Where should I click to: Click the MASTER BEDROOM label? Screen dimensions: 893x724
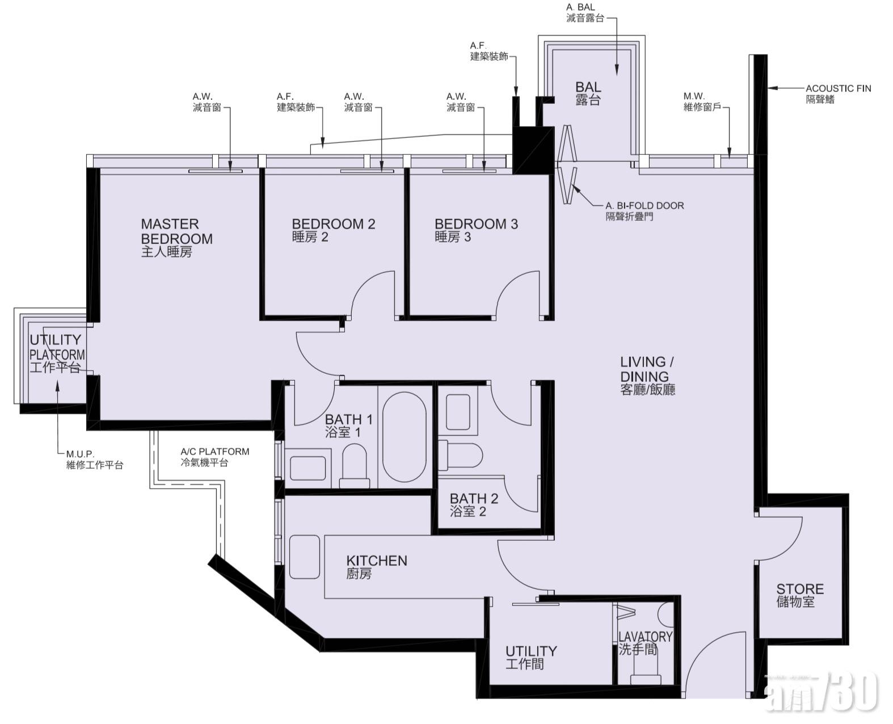(x=176, y=237)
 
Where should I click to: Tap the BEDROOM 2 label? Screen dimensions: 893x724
(x=333, y=230)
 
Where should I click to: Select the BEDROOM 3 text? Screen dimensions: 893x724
(x=476, y=230)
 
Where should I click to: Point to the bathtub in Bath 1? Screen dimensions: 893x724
(x=404, y=437)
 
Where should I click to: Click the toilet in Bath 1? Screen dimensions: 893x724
(x=354, y=466)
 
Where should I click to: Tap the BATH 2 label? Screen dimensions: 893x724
(x=474, y=505)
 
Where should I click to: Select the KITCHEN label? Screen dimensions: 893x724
(x=377, y=567)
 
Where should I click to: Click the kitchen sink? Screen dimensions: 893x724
(x=304, y=557)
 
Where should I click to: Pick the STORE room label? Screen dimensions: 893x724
(x=799, y=595)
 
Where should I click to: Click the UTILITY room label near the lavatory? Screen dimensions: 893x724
(x=531, y=658)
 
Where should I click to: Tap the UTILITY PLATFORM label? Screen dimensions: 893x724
(x=57, y=353)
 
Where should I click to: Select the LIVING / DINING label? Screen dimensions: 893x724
(x=647, y=376)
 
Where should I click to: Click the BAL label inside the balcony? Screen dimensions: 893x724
(x=588, y=93)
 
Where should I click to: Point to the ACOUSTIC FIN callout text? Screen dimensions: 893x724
(x=839, y=94)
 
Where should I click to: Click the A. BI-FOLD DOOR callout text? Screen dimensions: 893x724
(x=645, y=211)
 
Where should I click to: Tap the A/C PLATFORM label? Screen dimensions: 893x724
(x=214, y=457)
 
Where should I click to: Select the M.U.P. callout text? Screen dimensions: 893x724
(x=95, y=459)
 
